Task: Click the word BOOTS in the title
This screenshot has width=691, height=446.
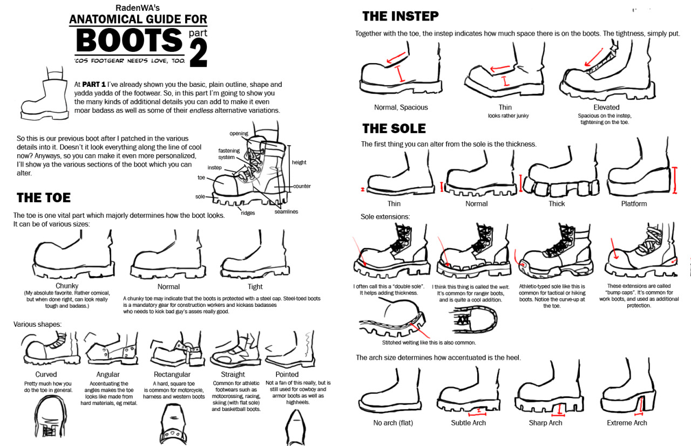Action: click(129, 40)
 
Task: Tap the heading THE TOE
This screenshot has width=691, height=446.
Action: click(44, 197)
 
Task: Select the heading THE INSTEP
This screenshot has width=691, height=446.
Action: click(400, 16)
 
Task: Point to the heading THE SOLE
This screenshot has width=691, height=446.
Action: click(394, 128)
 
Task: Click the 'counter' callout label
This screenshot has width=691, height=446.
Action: click(302, 186)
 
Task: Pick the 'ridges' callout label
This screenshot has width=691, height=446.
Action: click(248, 213)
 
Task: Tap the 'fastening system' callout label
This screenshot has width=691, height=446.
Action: click(229, 154)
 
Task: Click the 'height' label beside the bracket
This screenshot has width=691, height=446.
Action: click(299, 162)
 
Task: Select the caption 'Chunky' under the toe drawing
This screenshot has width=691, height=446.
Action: click(67, 286)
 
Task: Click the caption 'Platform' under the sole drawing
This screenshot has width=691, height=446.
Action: click(634, 204)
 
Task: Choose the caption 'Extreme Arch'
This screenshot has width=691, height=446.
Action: click(627, 423)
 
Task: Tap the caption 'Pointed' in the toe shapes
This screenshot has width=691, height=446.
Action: click(287, 374)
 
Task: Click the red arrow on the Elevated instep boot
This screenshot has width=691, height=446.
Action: click(593, 58)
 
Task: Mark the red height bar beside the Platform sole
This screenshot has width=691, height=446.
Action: click(675, 180)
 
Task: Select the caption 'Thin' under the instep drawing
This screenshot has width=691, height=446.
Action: click(505, 107)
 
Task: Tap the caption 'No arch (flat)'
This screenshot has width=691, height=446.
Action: click(393, 423)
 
